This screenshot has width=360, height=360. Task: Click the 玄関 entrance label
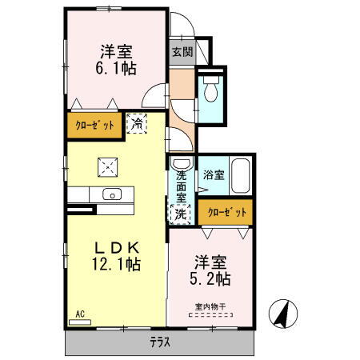(x=181, y=52)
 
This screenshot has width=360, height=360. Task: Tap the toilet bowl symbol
(x=211, y=91)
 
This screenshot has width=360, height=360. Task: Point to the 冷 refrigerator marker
(x=138, y=124)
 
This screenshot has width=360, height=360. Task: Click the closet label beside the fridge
(x=94, y=126)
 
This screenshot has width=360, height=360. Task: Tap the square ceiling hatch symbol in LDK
(x=106, y=166)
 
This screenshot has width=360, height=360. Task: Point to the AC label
(x=80, y=314)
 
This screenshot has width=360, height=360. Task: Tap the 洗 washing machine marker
(x=182, y=214)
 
